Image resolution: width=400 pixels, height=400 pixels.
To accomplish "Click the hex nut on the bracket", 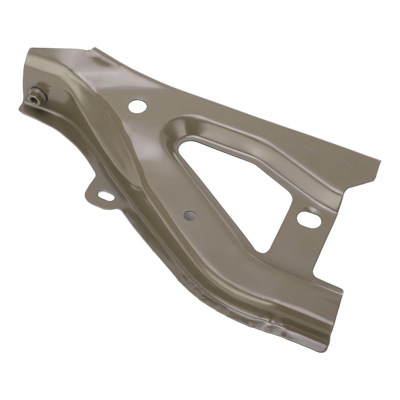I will tap(37, 96).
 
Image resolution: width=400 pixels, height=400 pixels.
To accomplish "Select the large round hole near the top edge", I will tap(137, 106).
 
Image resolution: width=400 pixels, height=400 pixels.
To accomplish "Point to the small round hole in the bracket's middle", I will tap(190, 215).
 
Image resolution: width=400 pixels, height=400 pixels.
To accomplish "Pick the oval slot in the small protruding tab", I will tap(106, 196).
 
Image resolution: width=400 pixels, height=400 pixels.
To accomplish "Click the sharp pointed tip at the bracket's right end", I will tap(380, 161).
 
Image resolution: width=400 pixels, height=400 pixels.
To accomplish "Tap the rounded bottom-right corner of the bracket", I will tap(327, 348).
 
